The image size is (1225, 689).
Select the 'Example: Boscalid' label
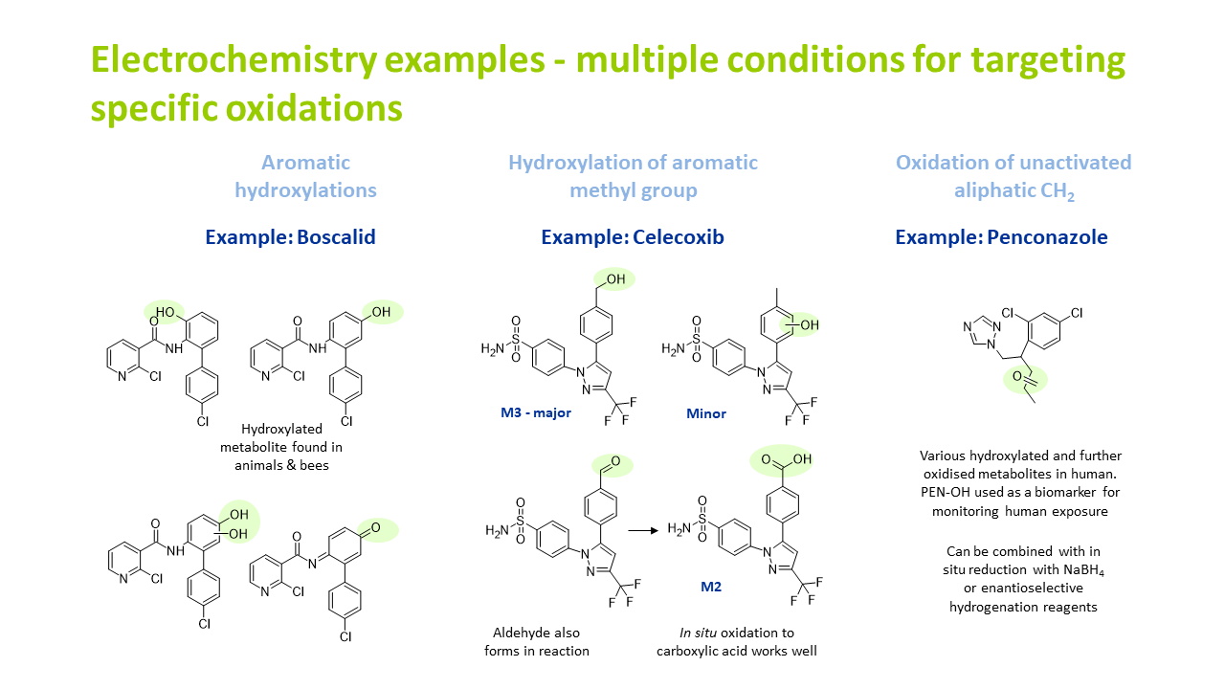tap(290, 237)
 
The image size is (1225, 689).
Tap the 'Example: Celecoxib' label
tap(633, 237)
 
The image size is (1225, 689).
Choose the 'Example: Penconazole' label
tap(1001, 237)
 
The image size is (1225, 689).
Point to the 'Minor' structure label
tap(706, 413)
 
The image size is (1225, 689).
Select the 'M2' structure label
tap(710, 586)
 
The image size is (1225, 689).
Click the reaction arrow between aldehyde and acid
tap(646, 528)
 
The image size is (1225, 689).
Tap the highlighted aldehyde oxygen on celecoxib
tap(614, 464)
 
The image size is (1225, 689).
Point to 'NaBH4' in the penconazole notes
tap(1069, 570)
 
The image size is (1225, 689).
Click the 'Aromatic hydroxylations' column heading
tap(305, 176)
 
